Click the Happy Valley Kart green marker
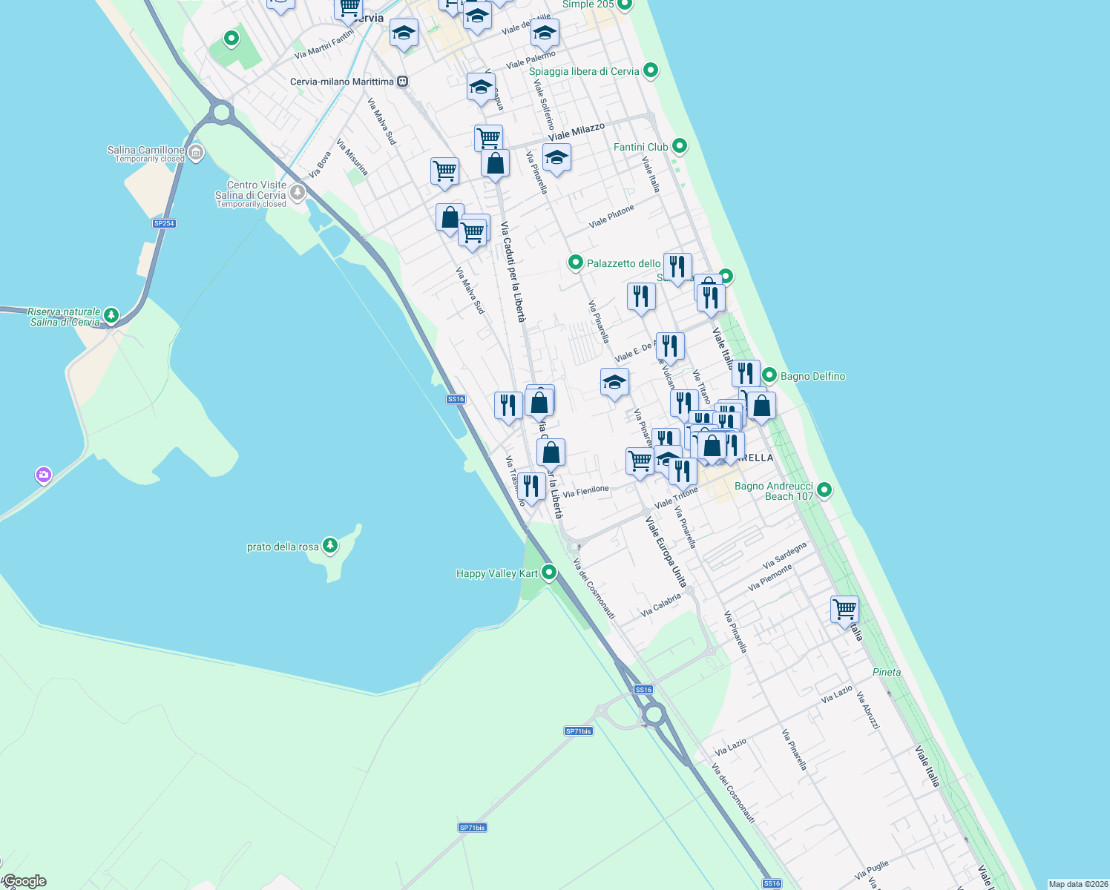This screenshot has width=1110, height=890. tap(549, 572)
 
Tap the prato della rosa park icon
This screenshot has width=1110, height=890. tap(330, 546)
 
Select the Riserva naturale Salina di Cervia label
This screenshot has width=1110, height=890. tap(65, 317)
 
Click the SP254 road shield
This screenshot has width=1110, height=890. tap(164, 223)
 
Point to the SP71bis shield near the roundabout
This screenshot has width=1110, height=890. tap(578, 731)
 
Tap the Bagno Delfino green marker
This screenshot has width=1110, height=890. tap(769, 375)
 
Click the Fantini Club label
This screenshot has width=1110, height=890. tap(640, 147)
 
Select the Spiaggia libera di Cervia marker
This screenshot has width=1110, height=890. tap(651, 70)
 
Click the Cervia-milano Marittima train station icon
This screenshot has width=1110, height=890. tap(402, 82)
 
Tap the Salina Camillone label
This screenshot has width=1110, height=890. tap(145, 150)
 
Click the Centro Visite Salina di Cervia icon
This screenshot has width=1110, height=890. tap(298, 192)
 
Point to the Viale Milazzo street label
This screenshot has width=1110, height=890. tap(577, 132)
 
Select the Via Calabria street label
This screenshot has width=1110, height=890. tap(660, 604)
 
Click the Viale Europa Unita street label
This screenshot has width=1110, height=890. tap(666, 552)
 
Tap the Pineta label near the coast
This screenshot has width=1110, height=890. tap(887, 672)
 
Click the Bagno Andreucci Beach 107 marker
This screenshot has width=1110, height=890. tap(824, 489)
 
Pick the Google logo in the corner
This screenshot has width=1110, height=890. tap(24, 881)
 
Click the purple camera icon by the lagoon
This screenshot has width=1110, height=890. tap(44, 474)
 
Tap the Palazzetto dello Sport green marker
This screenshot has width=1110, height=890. tap(575, 263)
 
